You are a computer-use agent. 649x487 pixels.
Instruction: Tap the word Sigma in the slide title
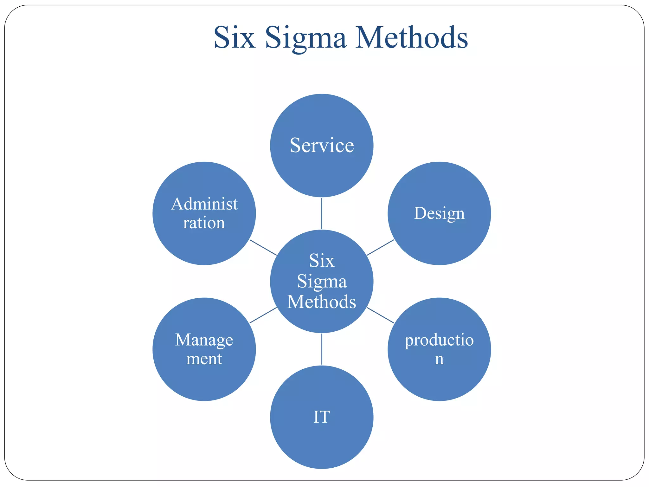tap(305, 38)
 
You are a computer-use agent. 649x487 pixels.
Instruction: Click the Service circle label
tap(322, 146)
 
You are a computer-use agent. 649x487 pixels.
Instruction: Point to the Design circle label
tap(439, 213)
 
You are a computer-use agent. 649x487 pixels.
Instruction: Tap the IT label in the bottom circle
tap(322, 417)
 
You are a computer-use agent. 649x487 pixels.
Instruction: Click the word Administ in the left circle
tap(204, 204)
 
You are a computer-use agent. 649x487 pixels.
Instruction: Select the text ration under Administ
tap(204, 223)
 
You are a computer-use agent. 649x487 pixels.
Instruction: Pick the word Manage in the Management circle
tap(204, 340)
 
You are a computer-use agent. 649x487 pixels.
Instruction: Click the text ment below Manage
tap(204, 359)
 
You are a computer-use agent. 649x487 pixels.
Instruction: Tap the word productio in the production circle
tap(439, 340)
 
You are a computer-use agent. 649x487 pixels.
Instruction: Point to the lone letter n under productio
tap(439, 359)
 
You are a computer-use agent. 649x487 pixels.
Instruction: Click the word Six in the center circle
tap(322, 261)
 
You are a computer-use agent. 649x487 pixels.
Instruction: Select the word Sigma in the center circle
tap(322, 282)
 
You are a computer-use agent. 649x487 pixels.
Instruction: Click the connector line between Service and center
tap(322, 213)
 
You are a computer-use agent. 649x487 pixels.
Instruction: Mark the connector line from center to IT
tap(322, 349)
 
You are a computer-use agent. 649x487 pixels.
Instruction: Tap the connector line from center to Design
tap(380, 247)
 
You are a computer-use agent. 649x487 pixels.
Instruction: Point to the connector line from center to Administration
tap(263, 247)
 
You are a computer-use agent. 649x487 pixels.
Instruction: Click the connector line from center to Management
tap(263, 315)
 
